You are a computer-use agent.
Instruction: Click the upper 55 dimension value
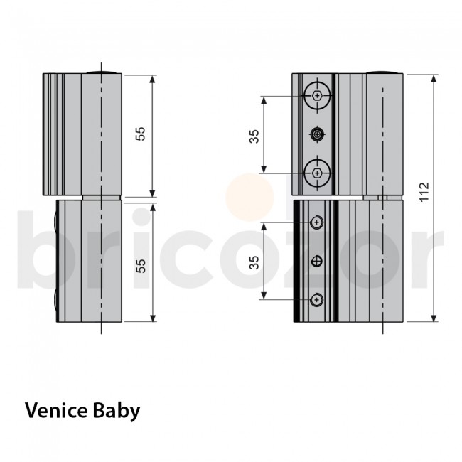[141, 134]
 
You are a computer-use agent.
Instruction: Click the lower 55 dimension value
[141, 265]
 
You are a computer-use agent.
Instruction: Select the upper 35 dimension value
[254, 136]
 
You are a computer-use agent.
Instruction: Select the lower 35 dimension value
[254, 262]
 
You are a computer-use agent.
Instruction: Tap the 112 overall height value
[424, 193]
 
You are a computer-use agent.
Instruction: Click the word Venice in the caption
[54, 411]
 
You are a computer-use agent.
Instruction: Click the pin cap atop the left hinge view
[102, 71]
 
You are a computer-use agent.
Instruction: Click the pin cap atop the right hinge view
[382, 71]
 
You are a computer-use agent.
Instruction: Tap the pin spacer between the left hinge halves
[102, 198]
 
